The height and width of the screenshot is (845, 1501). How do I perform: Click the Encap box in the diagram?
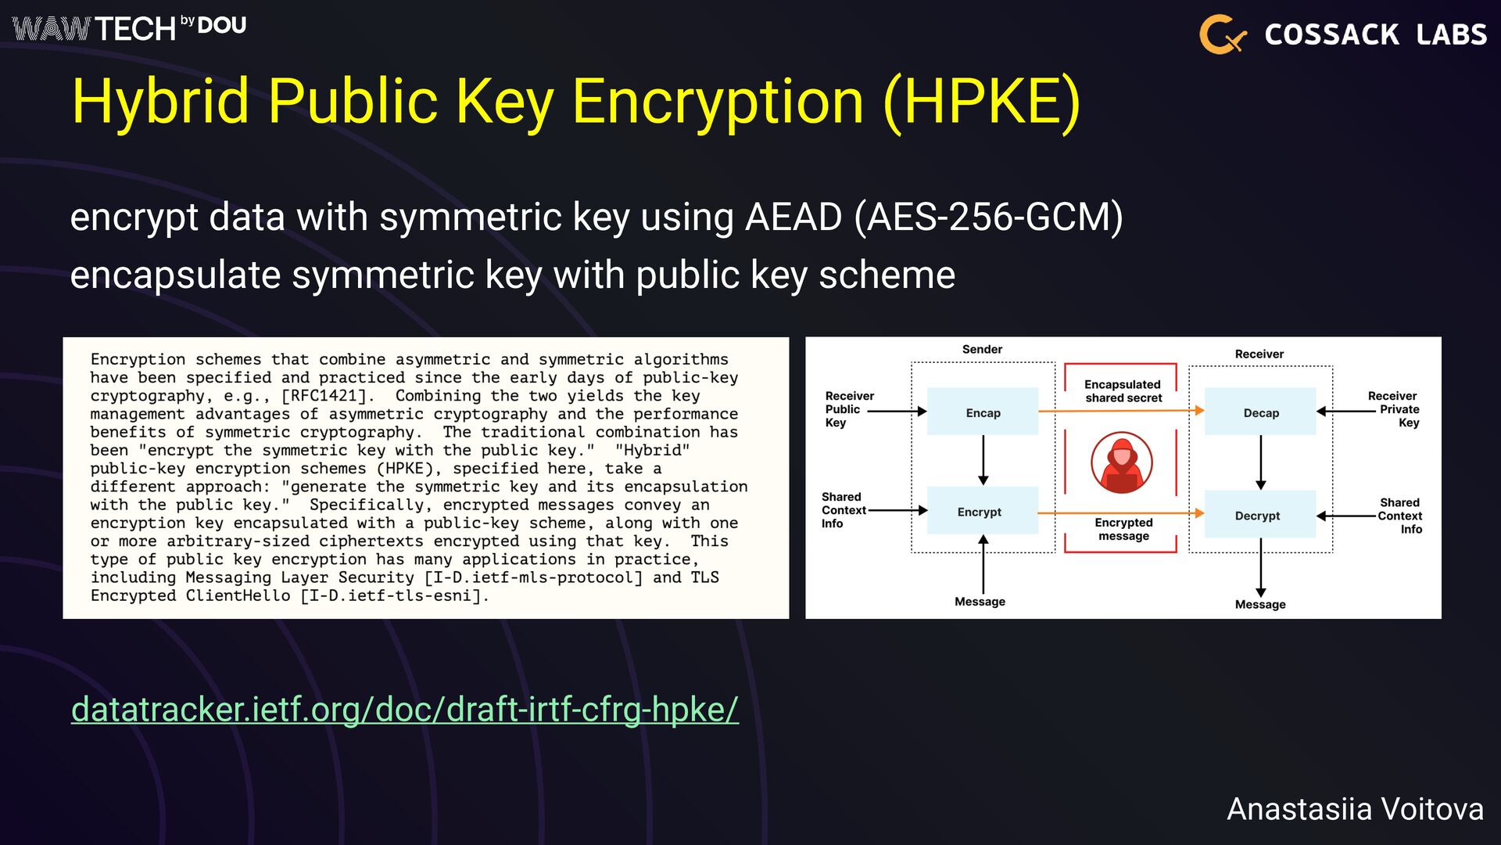point(983,412)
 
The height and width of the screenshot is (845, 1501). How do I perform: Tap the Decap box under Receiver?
point(1260,412)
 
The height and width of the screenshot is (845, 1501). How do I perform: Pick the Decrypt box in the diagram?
point(1259,515)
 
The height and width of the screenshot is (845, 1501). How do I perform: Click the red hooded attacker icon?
point(1122,462)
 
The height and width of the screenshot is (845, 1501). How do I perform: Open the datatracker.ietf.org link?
point(404,710)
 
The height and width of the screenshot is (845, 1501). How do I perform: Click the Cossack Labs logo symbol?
point(1221,34)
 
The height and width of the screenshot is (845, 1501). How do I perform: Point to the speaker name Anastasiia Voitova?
point(1355,809)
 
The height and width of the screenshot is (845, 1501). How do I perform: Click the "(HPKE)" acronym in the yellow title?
point(982,102)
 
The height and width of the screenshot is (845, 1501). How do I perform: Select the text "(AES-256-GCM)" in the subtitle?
point(988,217)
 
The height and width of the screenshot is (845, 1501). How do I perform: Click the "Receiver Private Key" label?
point(1395,409)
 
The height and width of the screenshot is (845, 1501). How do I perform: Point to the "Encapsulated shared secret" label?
point(1123,391)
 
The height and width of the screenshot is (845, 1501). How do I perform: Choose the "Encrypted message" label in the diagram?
point(1123,529)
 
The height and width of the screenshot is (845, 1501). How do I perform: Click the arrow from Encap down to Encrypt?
point(983,460)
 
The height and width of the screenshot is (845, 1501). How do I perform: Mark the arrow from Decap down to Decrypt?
point(1260,462)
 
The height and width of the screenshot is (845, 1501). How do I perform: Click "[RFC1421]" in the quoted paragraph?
point(323,396)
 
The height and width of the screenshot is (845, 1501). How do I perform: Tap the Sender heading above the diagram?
point(982,349)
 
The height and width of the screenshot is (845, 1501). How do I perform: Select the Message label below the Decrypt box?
point(1259,604)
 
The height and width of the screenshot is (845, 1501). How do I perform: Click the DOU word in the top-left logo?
point(222,26)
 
